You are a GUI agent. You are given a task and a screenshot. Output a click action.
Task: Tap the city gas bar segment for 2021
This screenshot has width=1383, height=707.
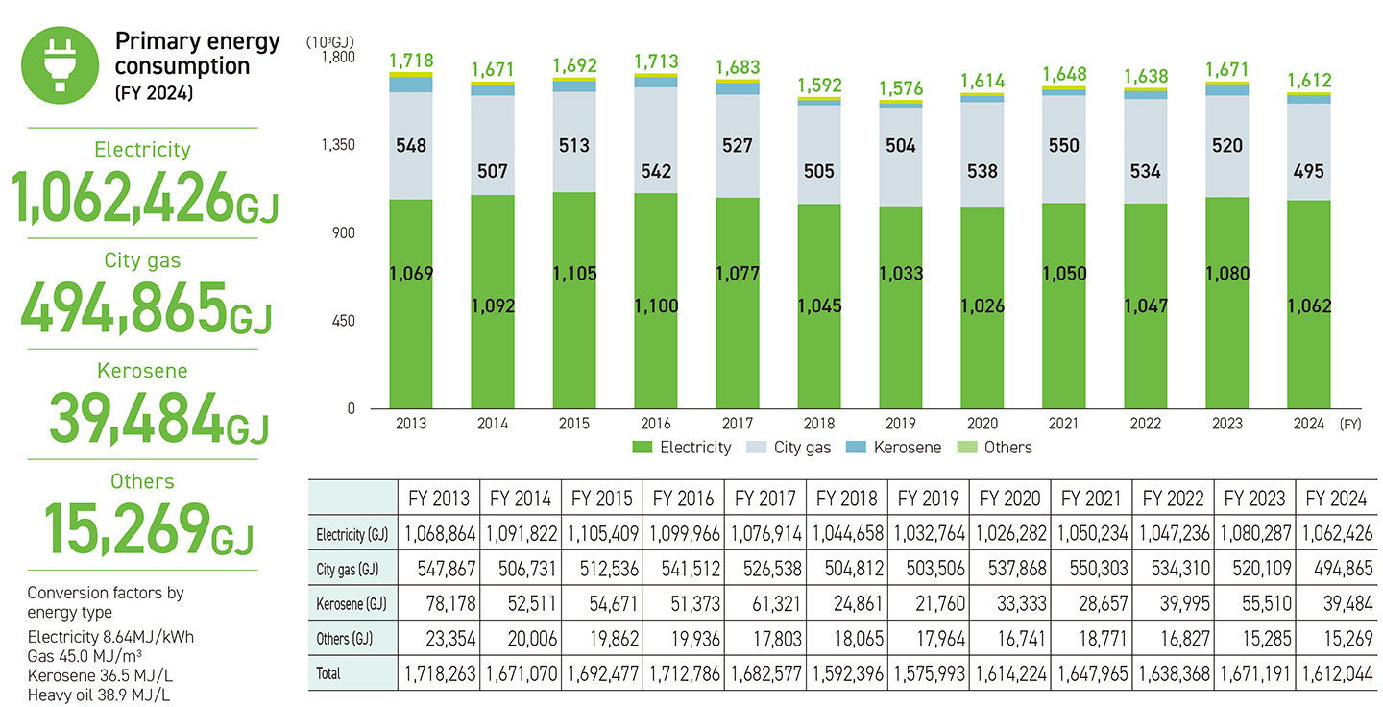click(1064, 149)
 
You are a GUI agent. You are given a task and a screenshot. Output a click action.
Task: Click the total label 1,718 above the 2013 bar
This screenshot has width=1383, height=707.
click(411, 61)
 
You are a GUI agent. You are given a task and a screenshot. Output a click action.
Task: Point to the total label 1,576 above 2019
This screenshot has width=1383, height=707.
click(901, 88)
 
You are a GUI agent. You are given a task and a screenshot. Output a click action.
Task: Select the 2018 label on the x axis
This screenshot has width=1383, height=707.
click(819, 424)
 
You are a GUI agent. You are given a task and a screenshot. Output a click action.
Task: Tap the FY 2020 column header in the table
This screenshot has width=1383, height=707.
click(1010, 499)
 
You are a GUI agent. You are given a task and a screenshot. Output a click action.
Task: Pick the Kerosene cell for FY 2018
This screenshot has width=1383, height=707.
click(846, 603)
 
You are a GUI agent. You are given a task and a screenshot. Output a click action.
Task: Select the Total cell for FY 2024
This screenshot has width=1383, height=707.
click(1336, 673)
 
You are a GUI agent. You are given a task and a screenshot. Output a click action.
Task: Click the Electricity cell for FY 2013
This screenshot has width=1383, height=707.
click(438, 533)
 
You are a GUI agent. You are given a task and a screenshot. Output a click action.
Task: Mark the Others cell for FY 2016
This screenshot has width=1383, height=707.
click(683, 639)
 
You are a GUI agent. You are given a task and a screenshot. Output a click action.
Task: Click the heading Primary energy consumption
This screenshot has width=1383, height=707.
click(197, 54)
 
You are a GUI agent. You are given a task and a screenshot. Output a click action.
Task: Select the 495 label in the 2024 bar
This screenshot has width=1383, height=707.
click(1309, 172)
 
